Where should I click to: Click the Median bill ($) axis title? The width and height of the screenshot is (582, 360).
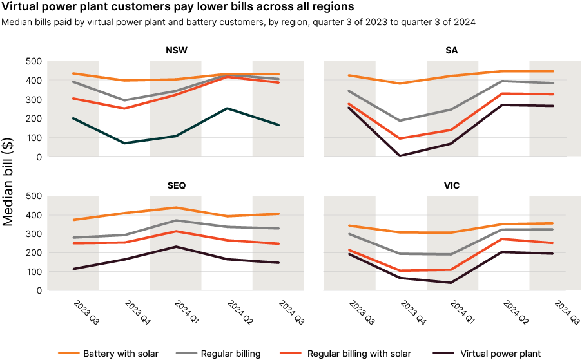click(x=10, y=176)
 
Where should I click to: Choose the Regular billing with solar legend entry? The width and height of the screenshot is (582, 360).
click(x=359, y=353)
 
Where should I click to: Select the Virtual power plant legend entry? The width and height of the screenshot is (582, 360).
click(x=500, y=353)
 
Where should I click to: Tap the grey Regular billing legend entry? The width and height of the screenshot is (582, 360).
click(x=230, y=353)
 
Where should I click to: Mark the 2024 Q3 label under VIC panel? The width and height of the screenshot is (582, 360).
click(x=559, y=312)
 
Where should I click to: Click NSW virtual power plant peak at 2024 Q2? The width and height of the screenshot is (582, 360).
click(x=227, y=108)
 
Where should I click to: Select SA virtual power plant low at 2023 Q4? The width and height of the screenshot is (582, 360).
click(x=401, y=155)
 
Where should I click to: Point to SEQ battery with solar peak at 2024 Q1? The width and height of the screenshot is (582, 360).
click(x=175, y=207)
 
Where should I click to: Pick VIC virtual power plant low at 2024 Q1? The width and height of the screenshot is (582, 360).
click(x=452, y=283)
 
